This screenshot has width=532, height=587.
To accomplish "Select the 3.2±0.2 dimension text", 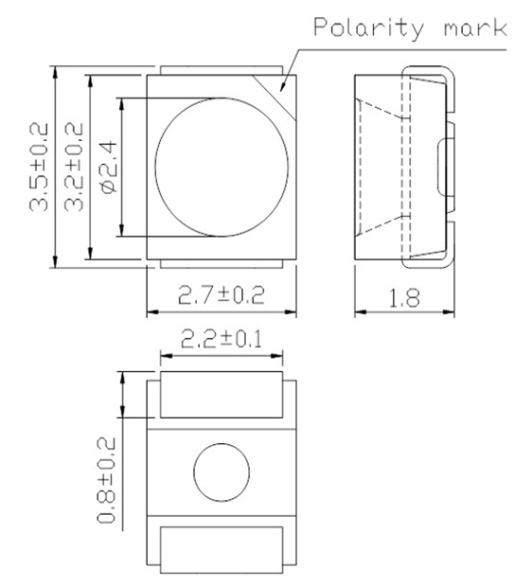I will coord(74,167).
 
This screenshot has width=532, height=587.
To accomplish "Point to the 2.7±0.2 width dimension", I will coord(222,296).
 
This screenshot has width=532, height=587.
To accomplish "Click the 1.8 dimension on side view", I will coord(404,297).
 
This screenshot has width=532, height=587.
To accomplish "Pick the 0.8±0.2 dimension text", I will coord(107,481).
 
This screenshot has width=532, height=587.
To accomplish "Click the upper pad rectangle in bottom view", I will coord(222,396).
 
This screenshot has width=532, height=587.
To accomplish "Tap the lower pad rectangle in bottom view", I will coord(222,550).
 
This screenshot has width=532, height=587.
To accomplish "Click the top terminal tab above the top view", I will coord(222,69).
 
